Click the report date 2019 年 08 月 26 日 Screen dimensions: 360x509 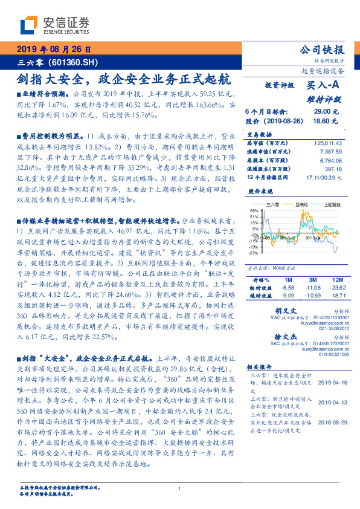pyautogui.click(x=53, y=50)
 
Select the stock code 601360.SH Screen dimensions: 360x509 pyautogui.click(x=70, y=62)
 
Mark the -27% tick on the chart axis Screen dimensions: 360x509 pyautogui.click(x=253, y=253)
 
